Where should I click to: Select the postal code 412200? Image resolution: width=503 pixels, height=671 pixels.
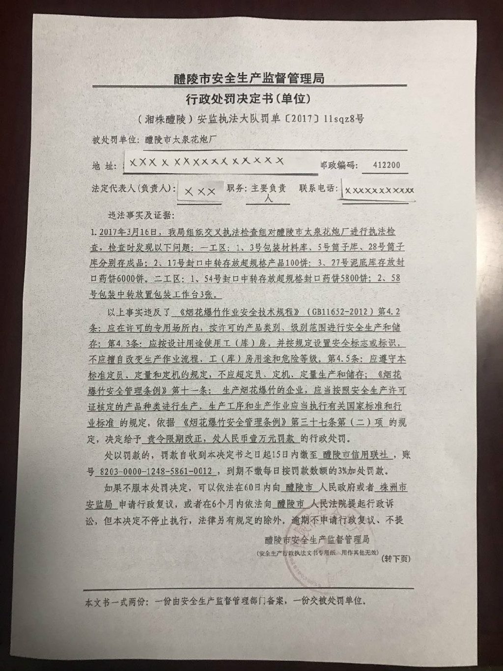[387, 165]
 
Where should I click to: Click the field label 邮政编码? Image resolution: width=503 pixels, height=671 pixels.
[339, 165]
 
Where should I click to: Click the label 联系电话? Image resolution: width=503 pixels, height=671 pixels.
[318, 188]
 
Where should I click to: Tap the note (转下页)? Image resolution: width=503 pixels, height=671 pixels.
[396, 558]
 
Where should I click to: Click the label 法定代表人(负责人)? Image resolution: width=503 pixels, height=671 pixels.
[133, 188]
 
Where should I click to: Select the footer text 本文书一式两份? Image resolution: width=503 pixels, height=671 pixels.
[116, 601]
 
